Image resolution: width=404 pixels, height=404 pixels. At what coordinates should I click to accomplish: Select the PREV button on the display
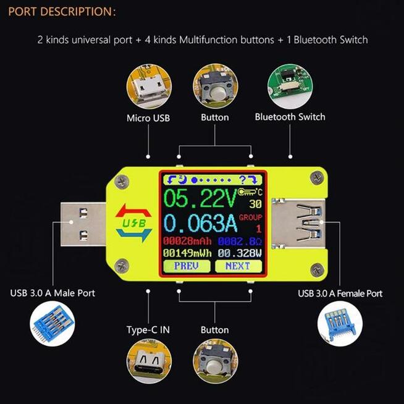pos(187,266)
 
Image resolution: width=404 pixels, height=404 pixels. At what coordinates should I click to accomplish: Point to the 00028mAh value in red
pos(187,240)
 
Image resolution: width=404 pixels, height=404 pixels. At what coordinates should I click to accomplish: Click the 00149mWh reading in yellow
pos(187,253)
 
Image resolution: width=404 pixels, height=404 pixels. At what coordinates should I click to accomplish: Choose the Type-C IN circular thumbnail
pos(148,360)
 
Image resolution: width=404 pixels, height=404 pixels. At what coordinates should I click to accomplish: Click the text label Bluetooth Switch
pos(290,117)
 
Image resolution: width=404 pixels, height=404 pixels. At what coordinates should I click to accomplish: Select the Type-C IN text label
pos(148,330)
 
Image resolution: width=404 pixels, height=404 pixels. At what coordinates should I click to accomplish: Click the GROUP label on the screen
pos(251,217)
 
